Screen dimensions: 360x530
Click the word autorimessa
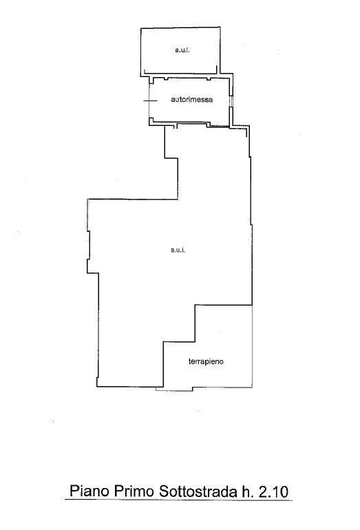[x=191, y=100]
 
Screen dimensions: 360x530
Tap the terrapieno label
[x=206, y=361]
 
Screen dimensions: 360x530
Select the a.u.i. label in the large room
[x=178, y=250]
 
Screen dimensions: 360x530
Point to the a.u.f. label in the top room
[x=182, y=50]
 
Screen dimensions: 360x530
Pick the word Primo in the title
[x=134, y=491]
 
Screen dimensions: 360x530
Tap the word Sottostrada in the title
[x=198, y=491]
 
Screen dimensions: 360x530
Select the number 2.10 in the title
[x=273, y=491]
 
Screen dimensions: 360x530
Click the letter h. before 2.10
[x=248, y=491]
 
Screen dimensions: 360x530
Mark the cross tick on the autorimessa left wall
[x=150, y=100]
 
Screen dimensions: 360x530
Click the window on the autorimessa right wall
[x=231, y=101]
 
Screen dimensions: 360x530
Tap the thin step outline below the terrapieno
[x=174, y=389]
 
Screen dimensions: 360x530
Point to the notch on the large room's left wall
[x=89, y=246]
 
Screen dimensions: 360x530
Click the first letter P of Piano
[x=74, y=491]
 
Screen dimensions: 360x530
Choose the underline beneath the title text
[x=178, y=499]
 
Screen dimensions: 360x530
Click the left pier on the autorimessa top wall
[x=166, y=79]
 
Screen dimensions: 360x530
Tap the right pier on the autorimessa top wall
[x=209, y=79]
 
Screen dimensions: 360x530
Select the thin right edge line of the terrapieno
[x=252, y=346]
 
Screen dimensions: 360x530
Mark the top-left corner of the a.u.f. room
[x=140, y=28]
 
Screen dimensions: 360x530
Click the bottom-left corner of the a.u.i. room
[x=96, y=386]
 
